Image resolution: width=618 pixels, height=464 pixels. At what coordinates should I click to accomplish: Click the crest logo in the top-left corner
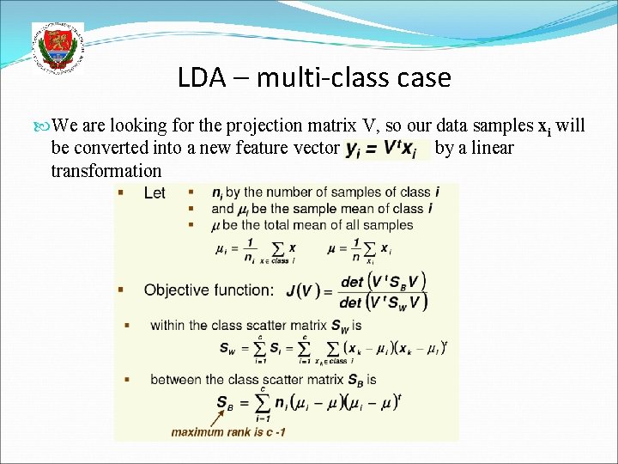click(58, 47)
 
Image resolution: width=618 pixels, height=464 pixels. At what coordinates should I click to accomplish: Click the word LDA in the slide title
click(203, 78)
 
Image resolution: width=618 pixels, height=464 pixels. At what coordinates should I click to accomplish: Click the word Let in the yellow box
click(154, 193)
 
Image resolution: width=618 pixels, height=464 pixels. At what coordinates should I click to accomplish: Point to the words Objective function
click(209, 290)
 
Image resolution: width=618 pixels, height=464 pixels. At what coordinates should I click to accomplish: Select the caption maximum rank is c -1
click(228, 431)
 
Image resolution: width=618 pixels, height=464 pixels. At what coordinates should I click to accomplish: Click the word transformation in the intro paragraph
click(106, 169)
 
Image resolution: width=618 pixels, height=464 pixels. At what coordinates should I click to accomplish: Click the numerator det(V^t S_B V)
click(383, 281)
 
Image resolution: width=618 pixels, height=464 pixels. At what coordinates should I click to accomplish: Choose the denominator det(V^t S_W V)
click(384, 302)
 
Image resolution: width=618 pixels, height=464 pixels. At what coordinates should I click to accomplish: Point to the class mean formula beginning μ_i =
click(255, 251)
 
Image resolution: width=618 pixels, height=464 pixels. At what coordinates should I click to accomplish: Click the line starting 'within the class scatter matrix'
click(256, 326)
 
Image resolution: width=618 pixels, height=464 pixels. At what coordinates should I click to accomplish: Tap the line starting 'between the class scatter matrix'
click(264, 380)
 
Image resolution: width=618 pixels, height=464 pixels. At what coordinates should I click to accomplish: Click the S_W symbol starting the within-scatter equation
click(228, 350)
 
